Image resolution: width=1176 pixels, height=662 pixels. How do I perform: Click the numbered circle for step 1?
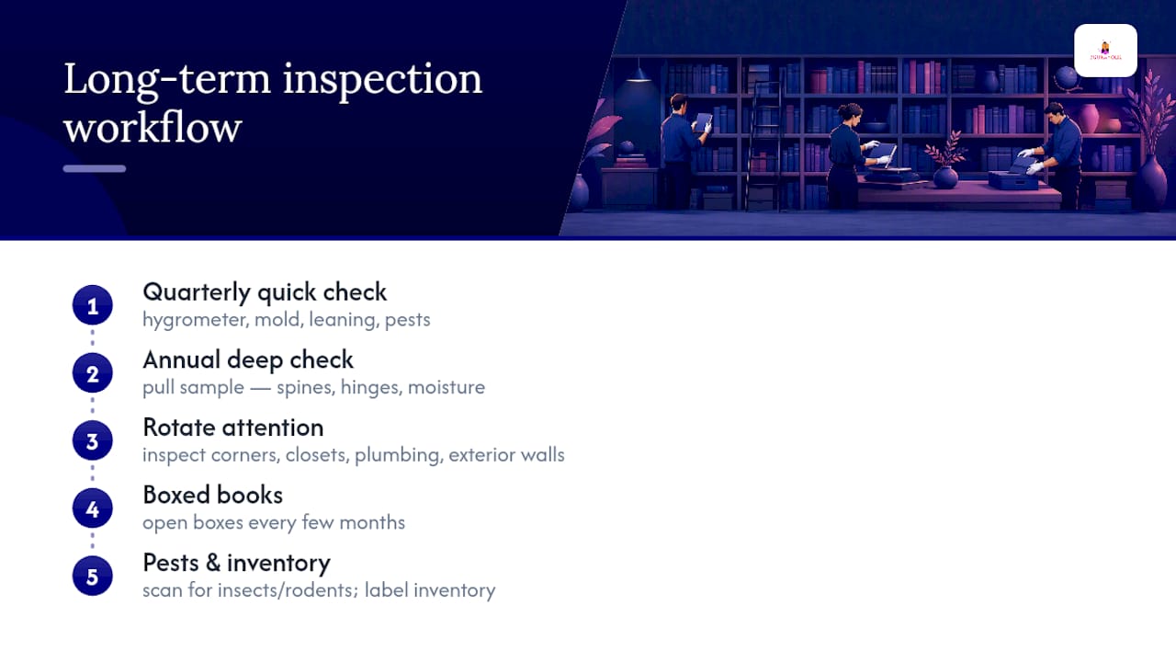coord(93,305)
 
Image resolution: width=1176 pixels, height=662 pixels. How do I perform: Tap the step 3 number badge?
coord(93,440)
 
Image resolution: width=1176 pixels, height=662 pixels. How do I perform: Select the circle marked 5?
coord(93,576)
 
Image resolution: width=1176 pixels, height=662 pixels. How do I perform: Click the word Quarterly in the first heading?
coord(197,292)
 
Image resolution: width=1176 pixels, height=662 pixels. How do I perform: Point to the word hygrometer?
coord(195,320)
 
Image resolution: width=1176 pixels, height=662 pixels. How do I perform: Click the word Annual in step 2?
coord(181,360)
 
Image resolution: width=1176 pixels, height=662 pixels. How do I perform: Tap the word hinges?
coord(370,388)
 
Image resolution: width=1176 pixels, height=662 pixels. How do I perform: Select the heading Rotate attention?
coord(233,428)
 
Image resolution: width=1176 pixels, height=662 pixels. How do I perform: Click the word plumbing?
coord(398,455)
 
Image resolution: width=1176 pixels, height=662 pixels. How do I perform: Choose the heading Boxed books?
coord(212,495)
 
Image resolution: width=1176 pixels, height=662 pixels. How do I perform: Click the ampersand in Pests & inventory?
coord(212,563)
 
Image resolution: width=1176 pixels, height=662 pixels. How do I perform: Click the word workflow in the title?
coord(153,127)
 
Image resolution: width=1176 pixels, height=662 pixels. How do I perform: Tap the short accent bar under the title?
coord(95,168)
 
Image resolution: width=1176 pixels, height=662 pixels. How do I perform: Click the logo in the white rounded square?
coord(1105,51)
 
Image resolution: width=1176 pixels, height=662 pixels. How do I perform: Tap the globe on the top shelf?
coord(1066,78)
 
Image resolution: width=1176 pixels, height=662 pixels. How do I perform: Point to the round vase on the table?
coord(945,177)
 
